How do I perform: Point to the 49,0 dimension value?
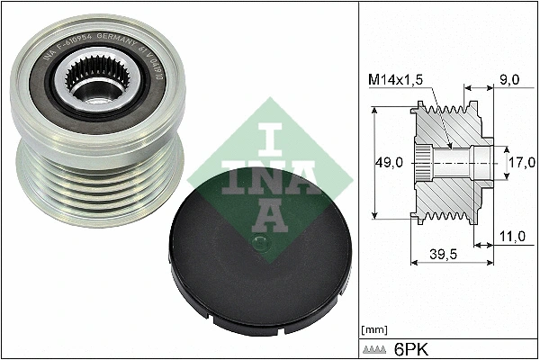(389, 163)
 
